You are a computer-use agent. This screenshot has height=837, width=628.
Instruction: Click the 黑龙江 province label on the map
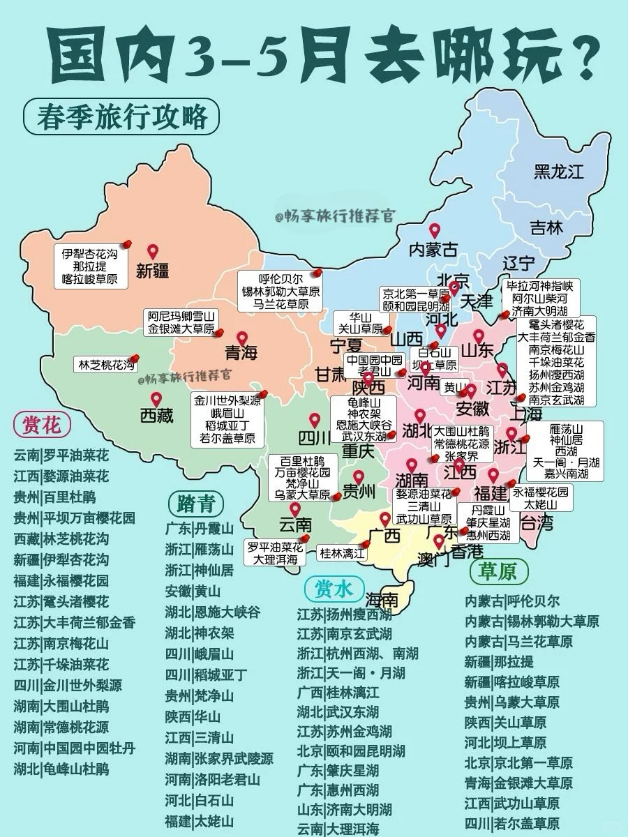pyautogui.click(x=558, y=171)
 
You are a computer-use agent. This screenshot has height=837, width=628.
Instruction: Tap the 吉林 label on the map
pyautogui.click(x=546, y=227)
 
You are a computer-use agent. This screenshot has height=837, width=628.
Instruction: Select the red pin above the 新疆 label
pyautogui.click(x=153, y=252)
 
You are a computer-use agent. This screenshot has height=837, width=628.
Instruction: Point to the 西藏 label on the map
pyautogui.click(x=157, y=416)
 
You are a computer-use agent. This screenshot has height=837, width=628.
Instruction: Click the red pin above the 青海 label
pyautogui.click(x=241, y=338)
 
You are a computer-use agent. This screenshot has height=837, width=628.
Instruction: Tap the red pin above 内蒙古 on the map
pyautogui.click(x=434, y=230)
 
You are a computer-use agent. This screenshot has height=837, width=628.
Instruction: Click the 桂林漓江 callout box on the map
pyautogui.click(x=342, y=554)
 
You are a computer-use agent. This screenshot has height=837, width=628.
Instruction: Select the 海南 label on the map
pyautogui.click(x=382, y=601)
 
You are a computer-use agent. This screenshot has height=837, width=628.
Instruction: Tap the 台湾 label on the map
pyautogui.click(x=537, y=522)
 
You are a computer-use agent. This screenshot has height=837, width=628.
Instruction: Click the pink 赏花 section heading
pyautogui.click(x=42, y=424)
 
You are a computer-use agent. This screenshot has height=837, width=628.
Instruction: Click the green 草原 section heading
pyautogui.click(x=498, y=572)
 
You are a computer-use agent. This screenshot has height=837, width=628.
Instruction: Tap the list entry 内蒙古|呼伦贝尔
pyautogui.click(x=512, y=601)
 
